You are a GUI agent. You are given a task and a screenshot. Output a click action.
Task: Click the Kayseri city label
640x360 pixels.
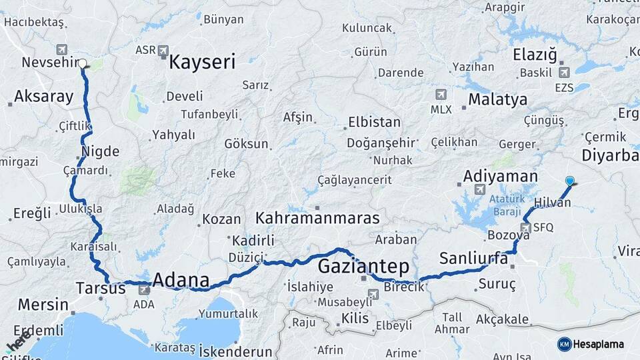tap(202, 63)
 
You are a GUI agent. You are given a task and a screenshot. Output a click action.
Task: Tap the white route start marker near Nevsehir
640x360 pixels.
tap(83, 64)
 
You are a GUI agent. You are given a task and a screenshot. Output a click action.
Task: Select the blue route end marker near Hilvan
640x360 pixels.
tap(569, 181)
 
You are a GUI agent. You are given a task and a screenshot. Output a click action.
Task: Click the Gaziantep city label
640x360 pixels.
tap(363, 267)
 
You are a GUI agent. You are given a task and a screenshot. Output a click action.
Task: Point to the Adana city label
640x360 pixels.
tap(181, 280)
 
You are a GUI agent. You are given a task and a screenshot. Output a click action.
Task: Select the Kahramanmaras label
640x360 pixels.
tap(317, 218)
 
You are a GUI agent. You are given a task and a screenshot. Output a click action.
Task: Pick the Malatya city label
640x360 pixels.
tap(497, 100)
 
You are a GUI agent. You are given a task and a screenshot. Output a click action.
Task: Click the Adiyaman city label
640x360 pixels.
tap(500, 177)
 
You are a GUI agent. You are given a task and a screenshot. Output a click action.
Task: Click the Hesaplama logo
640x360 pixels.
tap(591, 344)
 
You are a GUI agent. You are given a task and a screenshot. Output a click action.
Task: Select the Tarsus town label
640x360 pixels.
tap(101, 289)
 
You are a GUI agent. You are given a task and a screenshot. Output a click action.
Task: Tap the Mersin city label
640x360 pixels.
tap(43, 305)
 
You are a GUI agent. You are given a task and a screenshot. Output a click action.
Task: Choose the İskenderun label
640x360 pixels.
tap(236, 351)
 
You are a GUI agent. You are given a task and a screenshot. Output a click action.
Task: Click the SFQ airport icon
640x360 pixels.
tap(526, 228)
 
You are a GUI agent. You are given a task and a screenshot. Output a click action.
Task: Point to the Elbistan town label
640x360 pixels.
tap(374, 123)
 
